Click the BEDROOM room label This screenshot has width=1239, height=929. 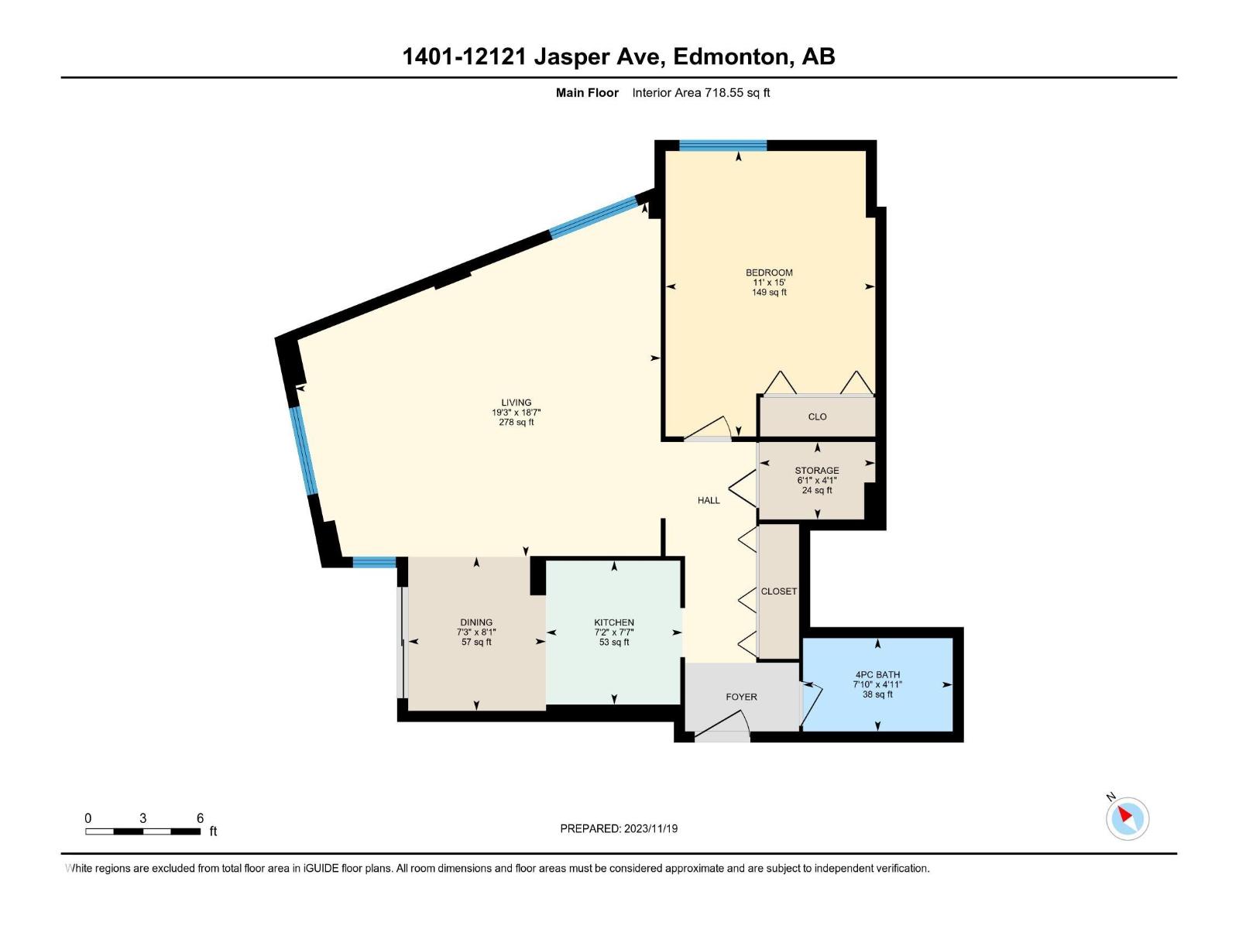click(x=769, y=273)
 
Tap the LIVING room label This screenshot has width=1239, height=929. click(x=516, y=403)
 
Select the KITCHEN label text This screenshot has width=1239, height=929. click(x=614, y=622)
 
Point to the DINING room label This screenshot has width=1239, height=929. click(x=476, y=622)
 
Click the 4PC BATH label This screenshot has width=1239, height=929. click(x=877, y=675)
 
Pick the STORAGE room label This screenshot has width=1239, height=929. click(x=817, y=471)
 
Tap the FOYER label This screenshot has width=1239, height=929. click(x=741, y=697)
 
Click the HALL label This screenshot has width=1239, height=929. click(x=709, y=501)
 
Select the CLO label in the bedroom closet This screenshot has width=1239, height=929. click(x=817, y=417)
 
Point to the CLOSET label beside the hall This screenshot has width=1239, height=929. click(x=778, y=591)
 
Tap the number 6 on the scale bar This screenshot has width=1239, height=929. click(x=200, y=818)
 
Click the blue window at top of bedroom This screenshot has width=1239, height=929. click(x=722, y=145)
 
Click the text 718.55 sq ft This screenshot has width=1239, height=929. click(x=736, y=93)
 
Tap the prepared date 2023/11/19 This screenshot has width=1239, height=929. click(x=650, y=828)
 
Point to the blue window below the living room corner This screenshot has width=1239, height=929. click(x=375, y=563)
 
